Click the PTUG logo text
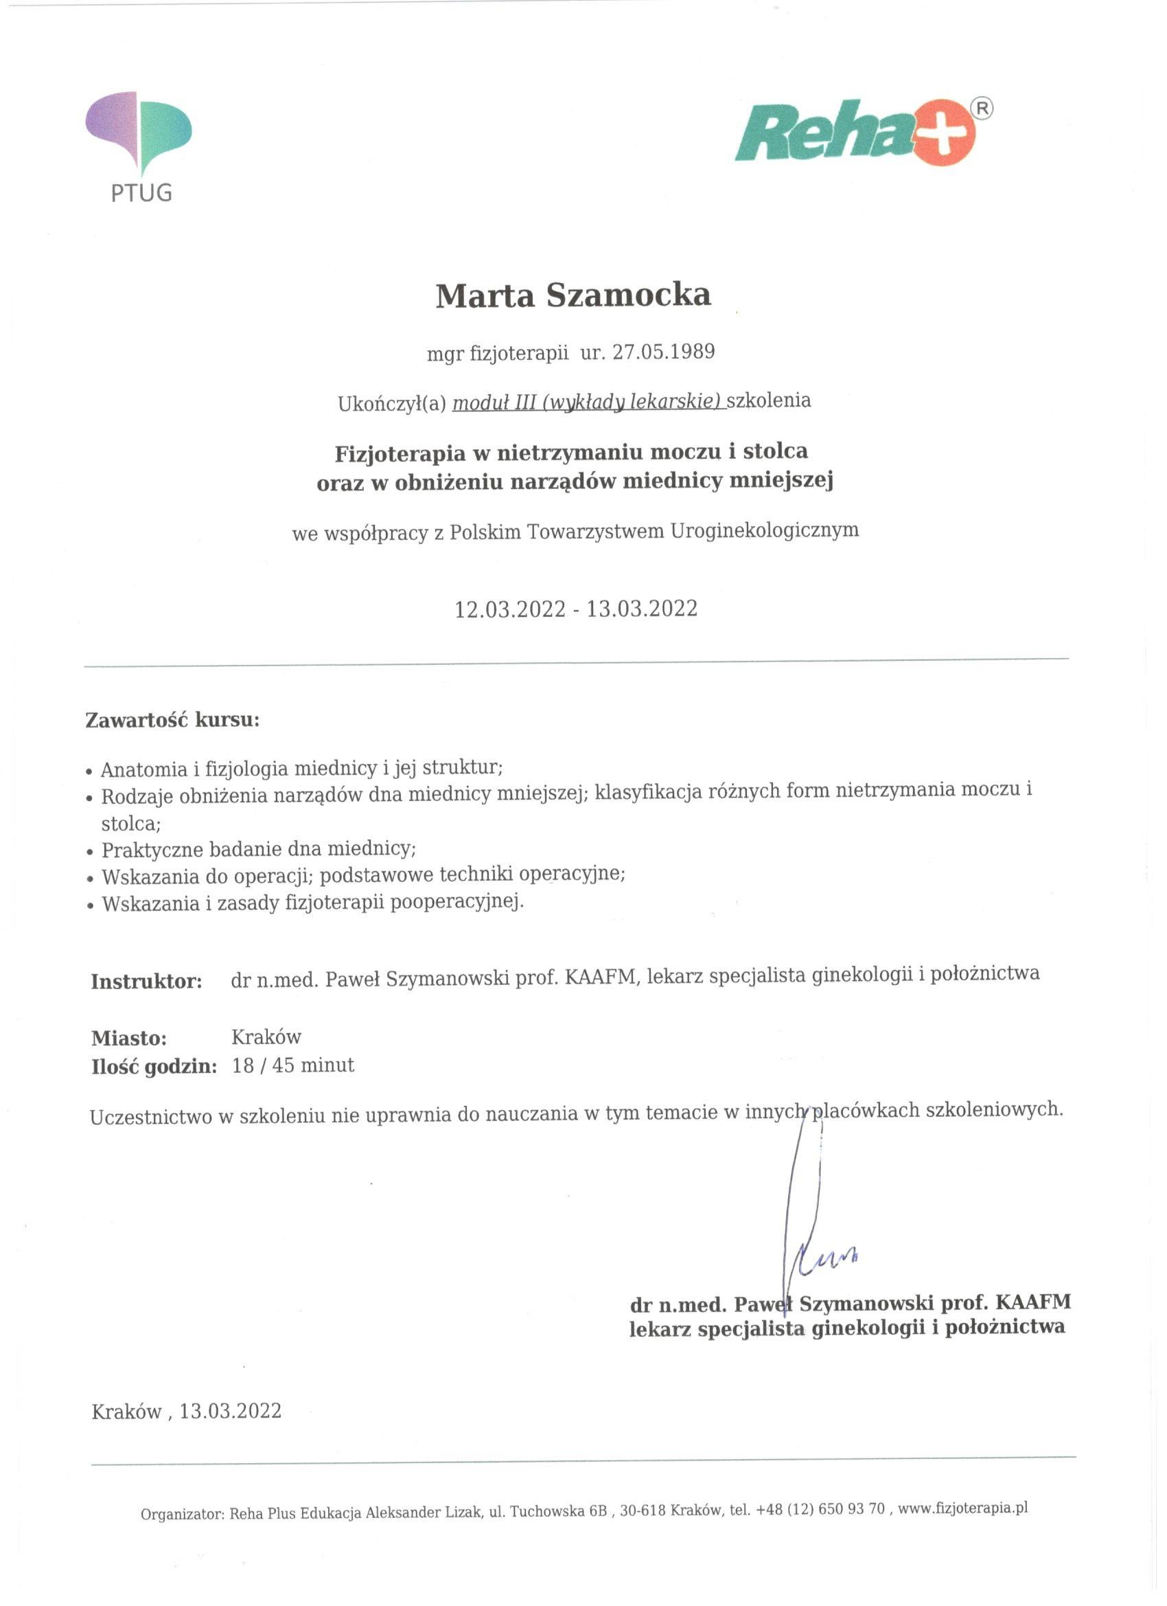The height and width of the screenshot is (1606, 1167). [141, 192]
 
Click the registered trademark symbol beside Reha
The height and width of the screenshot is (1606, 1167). [983, 109]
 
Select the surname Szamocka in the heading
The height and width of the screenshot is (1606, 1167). [628, 295]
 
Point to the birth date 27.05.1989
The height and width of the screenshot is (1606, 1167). [663, 352]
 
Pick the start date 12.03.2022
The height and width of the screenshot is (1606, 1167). [509, 609]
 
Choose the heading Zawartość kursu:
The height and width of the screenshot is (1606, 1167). [173, 721]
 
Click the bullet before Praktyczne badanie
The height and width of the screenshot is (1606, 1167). [90, 852]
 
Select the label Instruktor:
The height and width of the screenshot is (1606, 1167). [146, 982]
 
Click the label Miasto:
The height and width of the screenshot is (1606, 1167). [129, 1038]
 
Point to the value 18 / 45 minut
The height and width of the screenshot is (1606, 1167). [293, 1065]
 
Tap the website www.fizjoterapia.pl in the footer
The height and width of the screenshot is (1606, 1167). [962, 1508]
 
